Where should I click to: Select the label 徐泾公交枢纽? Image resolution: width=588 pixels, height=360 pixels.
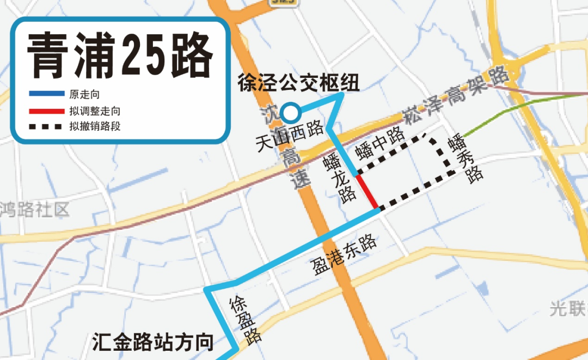pyautogui.click(x=298, y=83)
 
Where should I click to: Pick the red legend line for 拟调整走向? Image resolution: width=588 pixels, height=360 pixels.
pyautogui.click(x=46, y=112)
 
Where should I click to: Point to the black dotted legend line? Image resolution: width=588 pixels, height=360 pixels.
pyautogui.click(x=46, y=128)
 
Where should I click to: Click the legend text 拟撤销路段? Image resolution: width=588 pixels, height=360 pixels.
pyautogui.click(x=94, y=128)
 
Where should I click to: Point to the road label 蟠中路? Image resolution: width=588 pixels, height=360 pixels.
pyautogui.click(x=379, y=143)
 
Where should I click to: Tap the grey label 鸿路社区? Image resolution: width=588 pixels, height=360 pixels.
pyautogui.click(x=35, y=209)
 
